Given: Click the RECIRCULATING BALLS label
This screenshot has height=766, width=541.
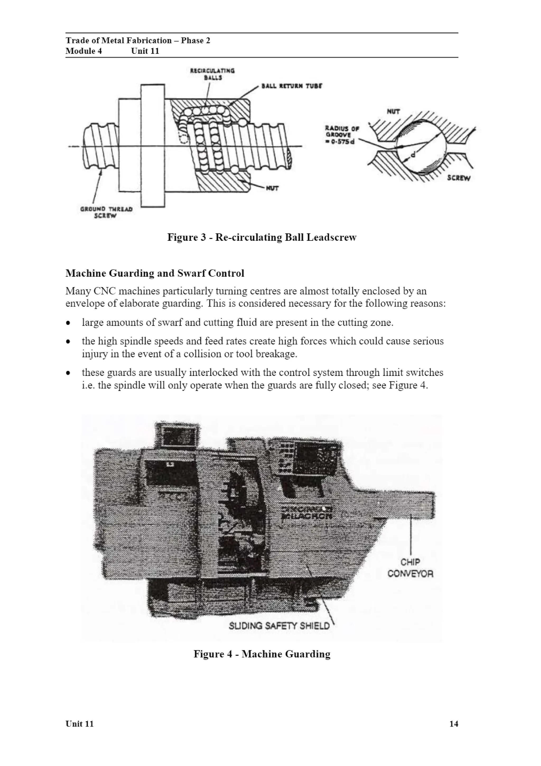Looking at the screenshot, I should [212, 74].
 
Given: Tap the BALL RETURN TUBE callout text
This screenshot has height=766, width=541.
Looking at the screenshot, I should [292, 86].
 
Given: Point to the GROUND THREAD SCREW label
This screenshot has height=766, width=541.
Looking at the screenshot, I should [106, 212].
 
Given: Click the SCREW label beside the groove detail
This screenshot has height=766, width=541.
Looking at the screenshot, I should [458, 178].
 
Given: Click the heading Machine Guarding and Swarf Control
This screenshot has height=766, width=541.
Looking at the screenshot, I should [155, 273].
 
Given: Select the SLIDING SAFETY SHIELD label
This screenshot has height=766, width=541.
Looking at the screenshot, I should [279, 626].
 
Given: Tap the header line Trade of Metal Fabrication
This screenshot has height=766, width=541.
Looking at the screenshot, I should [138, 40].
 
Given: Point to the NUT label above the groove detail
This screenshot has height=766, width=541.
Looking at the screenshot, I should [393, 112].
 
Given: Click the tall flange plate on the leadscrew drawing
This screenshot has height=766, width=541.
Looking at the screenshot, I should [152, 146].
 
